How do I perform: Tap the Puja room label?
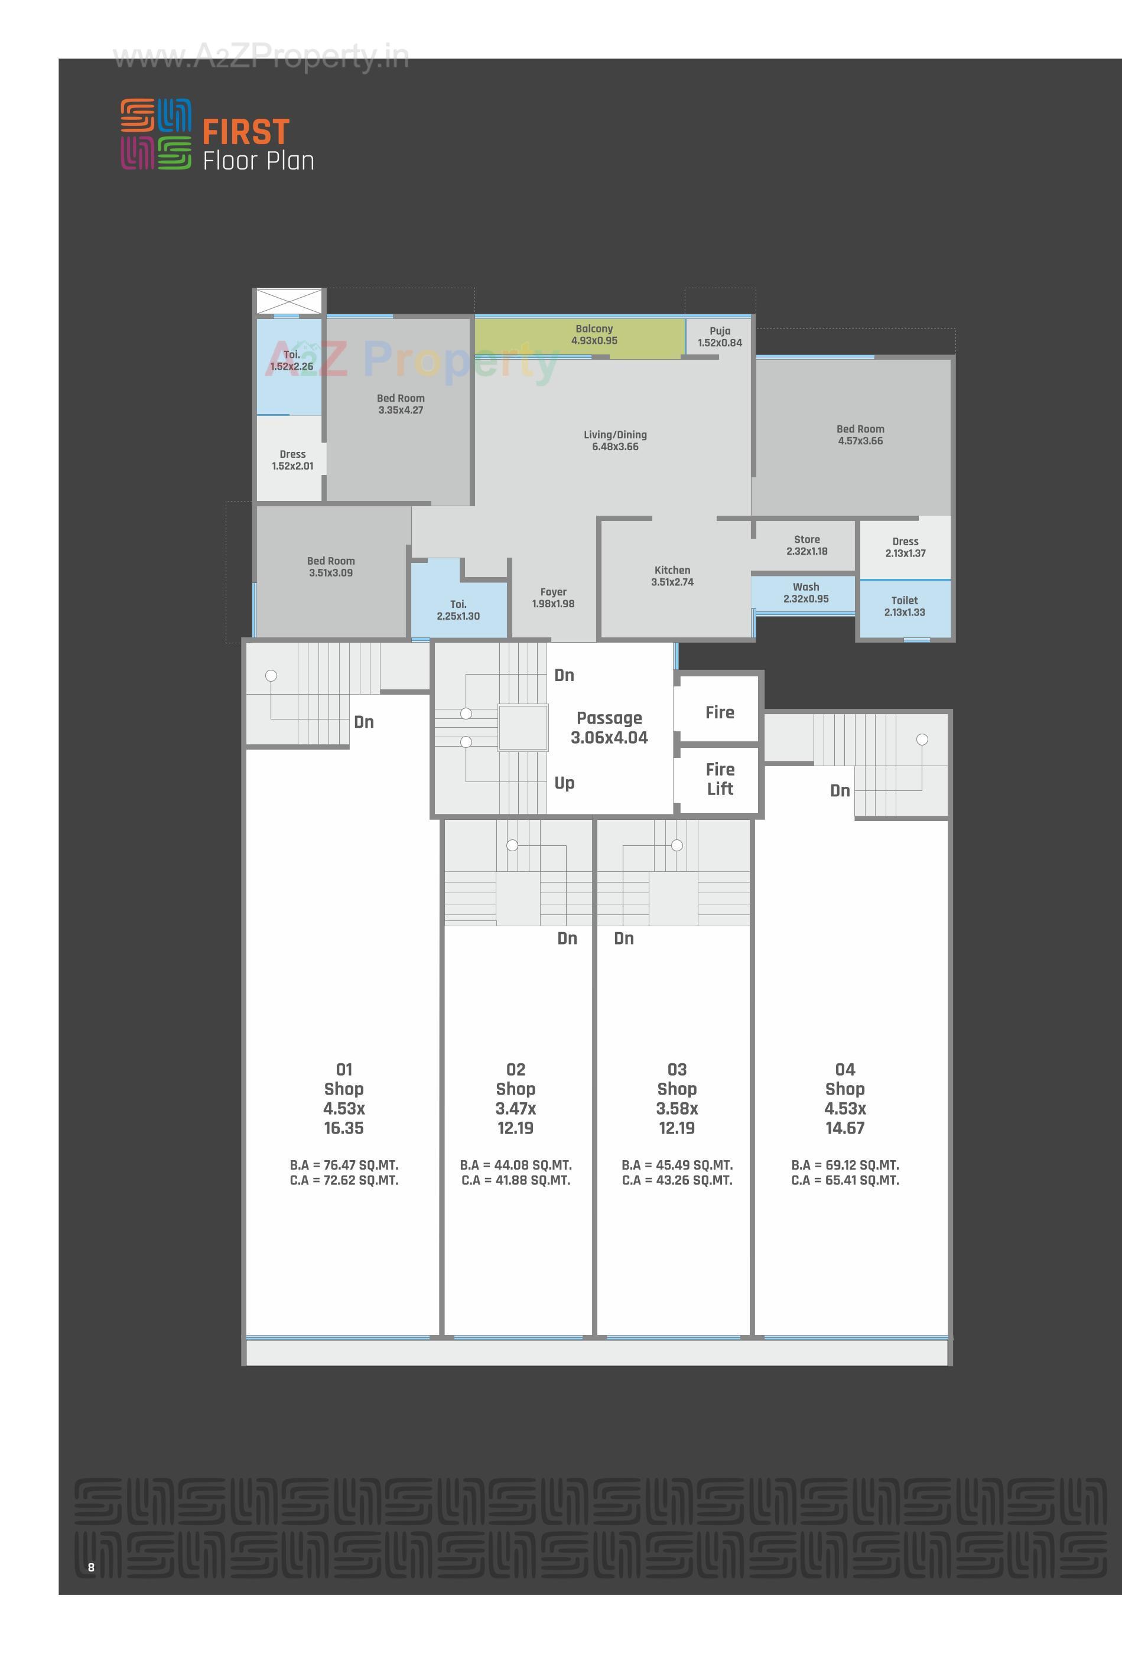719,337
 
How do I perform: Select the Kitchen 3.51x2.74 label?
672,576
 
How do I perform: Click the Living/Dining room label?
615,441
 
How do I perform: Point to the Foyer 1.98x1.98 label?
553,598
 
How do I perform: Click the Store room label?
806,545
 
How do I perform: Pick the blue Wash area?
805,593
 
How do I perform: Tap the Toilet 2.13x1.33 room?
904,607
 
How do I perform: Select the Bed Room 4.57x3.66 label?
860,435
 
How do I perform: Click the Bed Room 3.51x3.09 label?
330,566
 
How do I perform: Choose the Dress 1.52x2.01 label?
292,460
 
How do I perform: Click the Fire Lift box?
719,779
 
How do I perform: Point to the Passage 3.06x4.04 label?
609,727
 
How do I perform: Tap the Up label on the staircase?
564,783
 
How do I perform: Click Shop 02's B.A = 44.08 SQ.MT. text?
515,1165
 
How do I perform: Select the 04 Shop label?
844,1079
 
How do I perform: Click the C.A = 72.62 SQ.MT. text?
344,1181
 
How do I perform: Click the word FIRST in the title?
246,132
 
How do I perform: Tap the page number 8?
91,1567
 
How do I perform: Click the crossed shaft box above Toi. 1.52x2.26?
288,301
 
